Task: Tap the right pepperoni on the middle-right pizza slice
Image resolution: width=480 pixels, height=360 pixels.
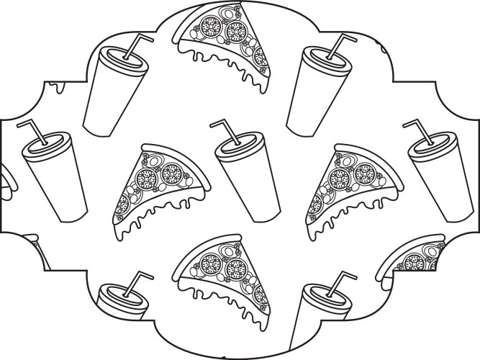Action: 365,173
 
